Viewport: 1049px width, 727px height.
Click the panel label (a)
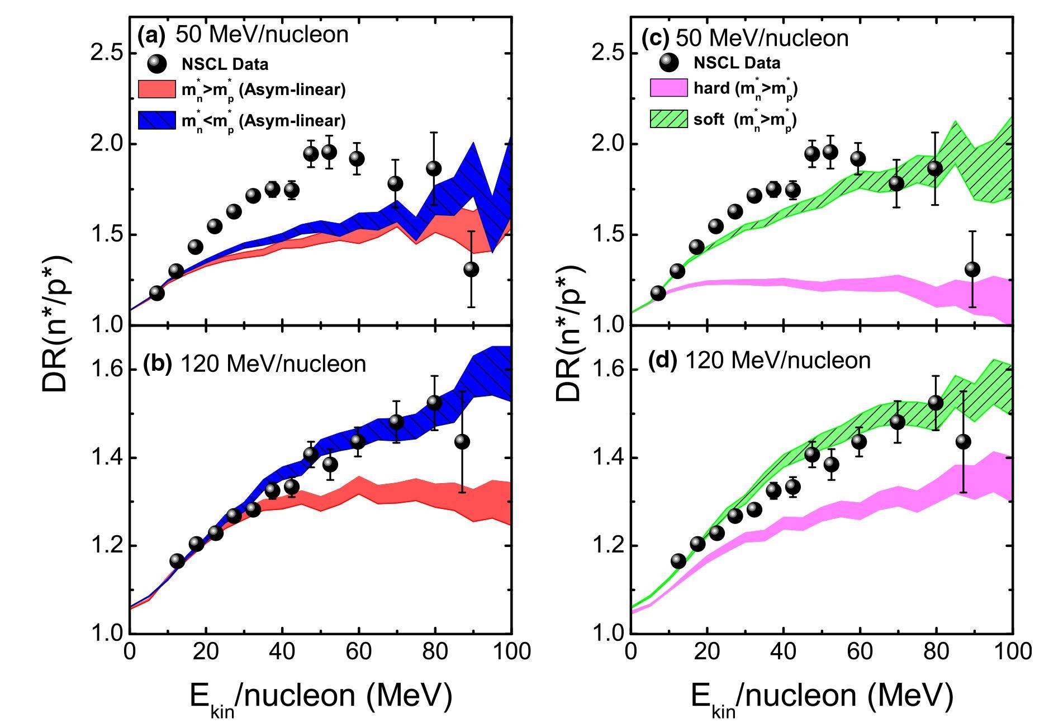(x=151, y=36)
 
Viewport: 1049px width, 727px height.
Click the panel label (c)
(x=657, y=39)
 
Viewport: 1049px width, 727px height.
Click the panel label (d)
(x=662, y=361)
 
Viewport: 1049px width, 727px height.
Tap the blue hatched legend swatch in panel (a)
(x=156, y=120)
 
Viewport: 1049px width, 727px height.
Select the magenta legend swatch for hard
(x=668, y=88)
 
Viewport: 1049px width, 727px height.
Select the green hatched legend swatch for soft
(x=668, y=119)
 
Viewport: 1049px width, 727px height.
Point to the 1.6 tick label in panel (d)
(x=607, y=370)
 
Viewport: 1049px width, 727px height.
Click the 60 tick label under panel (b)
(x=358, y=652)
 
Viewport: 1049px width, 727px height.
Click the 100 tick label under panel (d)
(x=1012, y=652)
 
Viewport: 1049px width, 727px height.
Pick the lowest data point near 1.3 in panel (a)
(x=471, y=270)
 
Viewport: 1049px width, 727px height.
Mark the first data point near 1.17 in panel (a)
(x=157, y=293)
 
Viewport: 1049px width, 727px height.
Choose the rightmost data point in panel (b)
(x=462, y=442)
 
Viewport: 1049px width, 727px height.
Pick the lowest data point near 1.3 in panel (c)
(x=972, y=270)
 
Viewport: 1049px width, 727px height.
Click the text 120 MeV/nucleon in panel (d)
(x=777, y=361)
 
